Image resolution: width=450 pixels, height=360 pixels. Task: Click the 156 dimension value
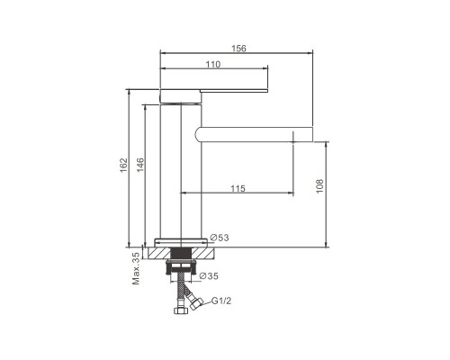pyautogui.click(x=238, y=49)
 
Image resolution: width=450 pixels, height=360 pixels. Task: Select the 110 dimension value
pyautogui.click(x=213, y=65)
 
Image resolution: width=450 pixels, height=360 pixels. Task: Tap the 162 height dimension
pyautogui.click(x=123, y=166)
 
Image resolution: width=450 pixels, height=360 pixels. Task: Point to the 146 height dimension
pyautogui.click(x=140, y=165)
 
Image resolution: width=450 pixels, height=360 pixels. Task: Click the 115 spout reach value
pyautogui.click(x=238, y=189)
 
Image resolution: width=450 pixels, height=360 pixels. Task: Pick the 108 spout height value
pyautogui.click(x=319, y=186)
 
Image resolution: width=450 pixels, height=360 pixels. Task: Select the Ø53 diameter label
pyautogui.click(x=220, y=238)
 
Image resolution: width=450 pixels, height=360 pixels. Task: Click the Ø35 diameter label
pyautogui.click(x=209, y=276)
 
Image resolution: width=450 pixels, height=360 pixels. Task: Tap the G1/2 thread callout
pyautogui.click(x=221, y=301)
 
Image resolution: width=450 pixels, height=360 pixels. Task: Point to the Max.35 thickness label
pyautogui.click(x=136, y=268)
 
